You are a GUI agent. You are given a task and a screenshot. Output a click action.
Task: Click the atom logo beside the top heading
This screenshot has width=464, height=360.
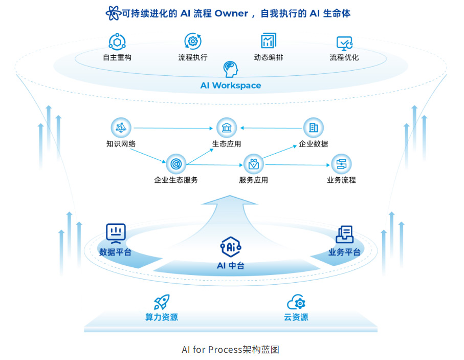(113, 13)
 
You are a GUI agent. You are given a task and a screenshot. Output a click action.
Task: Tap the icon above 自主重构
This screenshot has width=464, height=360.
(117, 41)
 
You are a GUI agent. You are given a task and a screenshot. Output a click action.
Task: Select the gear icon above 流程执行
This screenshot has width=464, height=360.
(193, 41)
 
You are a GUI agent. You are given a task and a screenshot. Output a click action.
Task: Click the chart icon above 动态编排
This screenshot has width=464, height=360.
(268, 41)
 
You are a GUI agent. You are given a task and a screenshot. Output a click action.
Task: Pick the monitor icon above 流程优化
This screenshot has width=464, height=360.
(344, 43)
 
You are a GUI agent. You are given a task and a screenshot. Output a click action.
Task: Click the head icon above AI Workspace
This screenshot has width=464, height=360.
(231, 70)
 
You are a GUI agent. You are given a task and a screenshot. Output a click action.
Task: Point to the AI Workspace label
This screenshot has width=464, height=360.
(231, 86)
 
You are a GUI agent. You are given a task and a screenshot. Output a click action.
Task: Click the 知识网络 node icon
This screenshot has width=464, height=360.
(121, 128)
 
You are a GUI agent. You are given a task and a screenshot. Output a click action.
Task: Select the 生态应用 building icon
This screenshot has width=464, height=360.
(227, 128)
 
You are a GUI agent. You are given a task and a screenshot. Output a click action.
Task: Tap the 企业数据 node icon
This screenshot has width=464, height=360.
(314, 128)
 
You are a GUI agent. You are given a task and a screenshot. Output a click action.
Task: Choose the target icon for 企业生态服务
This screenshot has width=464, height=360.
(176, 164)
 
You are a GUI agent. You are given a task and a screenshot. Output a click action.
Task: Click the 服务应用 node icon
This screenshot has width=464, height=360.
(253, 164)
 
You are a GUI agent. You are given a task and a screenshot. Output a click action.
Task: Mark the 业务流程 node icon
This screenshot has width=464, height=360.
(341, 164)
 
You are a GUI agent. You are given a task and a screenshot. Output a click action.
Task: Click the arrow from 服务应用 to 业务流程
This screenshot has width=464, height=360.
(297, 164)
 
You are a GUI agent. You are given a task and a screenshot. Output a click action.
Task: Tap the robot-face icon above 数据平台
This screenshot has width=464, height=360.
(116, 233)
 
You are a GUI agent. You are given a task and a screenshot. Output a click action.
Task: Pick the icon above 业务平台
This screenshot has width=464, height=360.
(344, 234)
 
